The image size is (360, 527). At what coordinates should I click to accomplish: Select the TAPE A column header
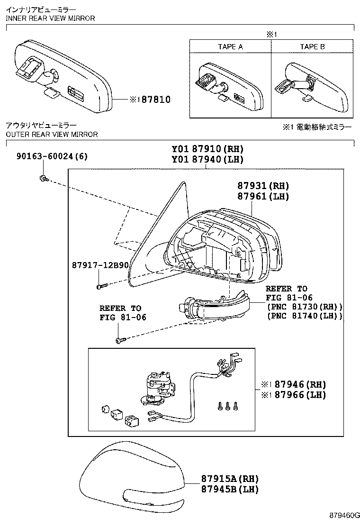coord(230,46)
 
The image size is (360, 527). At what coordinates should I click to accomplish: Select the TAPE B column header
coord(312,46)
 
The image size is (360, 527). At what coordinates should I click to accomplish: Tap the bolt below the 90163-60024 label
coord(43,178)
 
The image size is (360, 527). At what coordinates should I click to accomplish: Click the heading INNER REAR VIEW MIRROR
coord(50,18)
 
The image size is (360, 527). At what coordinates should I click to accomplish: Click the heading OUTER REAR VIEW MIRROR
coord(52,134)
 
